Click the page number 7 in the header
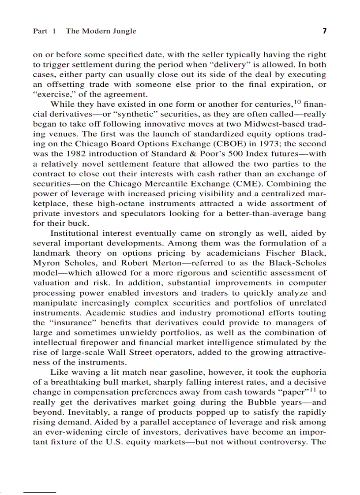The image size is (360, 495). click(x=324, y=31)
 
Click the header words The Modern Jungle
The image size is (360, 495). click(x=101, y=31)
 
